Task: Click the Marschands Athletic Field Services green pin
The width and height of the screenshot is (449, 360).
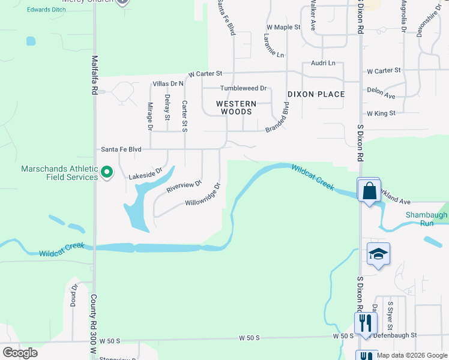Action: click(x=107, y=173)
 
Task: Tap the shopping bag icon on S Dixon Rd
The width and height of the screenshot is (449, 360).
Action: click(x=368, y=191)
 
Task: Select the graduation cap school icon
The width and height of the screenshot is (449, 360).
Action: click(x=379, y=255)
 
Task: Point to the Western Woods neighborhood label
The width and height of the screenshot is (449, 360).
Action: click(x=236, y=107)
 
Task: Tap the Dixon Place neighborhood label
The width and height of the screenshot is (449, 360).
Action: click(x=316, y=94)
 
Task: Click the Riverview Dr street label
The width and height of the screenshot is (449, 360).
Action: click(x=184, y=187)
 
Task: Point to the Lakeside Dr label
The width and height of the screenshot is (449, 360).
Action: click(x=146, y=174)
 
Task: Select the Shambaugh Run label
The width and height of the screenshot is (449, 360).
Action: click(x=427, y=219)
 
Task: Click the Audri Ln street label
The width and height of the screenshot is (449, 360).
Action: click(x=323, y=63)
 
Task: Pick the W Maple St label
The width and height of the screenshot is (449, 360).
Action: click(x=283, y=28)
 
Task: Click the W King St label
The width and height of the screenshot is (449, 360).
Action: click(x=381, y=113)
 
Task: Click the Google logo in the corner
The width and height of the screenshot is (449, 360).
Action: click(x=20, y=353)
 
